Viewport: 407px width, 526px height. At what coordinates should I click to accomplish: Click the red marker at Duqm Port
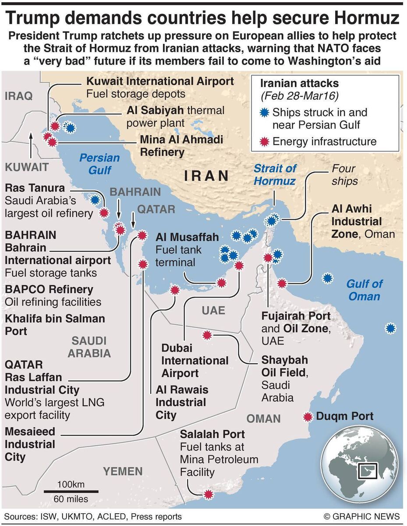[x=308, y=416]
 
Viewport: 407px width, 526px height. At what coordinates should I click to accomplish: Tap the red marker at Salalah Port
[x=209, y=495]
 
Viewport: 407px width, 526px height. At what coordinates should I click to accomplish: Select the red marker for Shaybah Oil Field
[x=207, y=335]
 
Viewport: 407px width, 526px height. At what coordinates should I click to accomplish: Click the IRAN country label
[x=207, y=176]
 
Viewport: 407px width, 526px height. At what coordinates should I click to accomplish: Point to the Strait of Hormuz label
[x=275, y=174]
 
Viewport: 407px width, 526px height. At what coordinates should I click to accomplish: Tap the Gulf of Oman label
[x=364, y=290]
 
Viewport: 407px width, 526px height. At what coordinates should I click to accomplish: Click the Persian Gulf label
[x=99, y=164]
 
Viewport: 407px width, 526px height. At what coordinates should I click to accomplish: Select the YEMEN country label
[x=123, y=471]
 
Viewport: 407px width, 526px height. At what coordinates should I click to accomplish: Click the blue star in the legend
[x=263, y=113]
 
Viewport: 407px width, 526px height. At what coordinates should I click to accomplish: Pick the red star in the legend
[x=263, y=141]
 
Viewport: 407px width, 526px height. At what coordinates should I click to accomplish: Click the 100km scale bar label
[x=70, y=484]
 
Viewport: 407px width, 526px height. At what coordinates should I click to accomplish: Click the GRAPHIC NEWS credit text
[x=362, y=516]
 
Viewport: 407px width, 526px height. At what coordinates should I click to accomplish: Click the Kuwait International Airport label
[x=160, y=81]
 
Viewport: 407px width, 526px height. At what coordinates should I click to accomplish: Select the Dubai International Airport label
[x=195, y=361]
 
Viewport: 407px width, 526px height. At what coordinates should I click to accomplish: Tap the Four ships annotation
[x=344, y=174]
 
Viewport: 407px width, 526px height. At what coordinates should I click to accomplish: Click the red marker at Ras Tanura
[x=104, y=213]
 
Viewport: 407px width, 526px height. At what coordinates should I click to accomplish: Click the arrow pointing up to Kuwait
[x=30, y=147]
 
